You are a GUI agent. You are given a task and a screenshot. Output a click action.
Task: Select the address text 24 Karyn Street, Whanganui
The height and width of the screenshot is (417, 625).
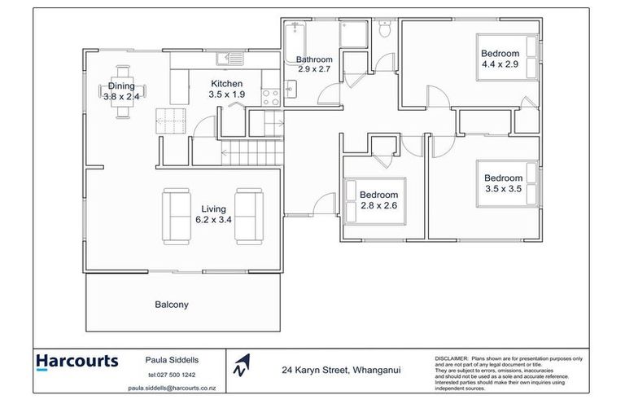(x=340, y=370)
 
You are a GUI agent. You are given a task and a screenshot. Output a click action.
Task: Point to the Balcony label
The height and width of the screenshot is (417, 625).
(x=171, y=305)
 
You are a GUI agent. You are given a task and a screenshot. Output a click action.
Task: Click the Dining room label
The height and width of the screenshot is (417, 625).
(x=122, y=86)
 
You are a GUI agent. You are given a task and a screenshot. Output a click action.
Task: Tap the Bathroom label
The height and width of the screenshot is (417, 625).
(x=313, y=59)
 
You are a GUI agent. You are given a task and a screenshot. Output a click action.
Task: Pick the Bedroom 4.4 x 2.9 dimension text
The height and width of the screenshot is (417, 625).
(x=500, y=64)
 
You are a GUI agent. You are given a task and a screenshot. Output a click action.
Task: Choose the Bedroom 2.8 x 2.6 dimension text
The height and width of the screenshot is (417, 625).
(x=378, y=206)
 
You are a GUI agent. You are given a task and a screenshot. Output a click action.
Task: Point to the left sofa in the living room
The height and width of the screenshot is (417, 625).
(x=177, y=216)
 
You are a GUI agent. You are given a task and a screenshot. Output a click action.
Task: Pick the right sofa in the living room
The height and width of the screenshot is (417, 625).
(x=247, y=216)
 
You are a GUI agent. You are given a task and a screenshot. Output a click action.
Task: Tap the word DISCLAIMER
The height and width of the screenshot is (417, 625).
(x=451, y=358)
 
